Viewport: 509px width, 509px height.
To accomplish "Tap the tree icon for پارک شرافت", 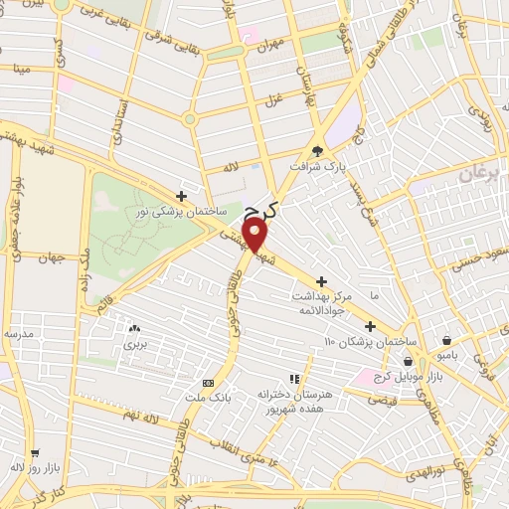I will [x=317, y=151].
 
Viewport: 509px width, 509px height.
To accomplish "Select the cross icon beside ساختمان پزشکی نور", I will [x=180, y=196].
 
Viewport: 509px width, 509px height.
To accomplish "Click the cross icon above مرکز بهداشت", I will [x=321, y=281].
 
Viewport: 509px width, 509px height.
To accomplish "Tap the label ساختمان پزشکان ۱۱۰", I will [x=358, y=342].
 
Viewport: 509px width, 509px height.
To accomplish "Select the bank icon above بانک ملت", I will [x=208, y=383].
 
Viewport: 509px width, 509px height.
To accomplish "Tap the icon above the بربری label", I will [x=135, y=328].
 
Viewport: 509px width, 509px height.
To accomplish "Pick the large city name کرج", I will [x=264, y=206].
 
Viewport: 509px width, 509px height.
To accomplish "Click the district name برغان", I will [x=484, y=175].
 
